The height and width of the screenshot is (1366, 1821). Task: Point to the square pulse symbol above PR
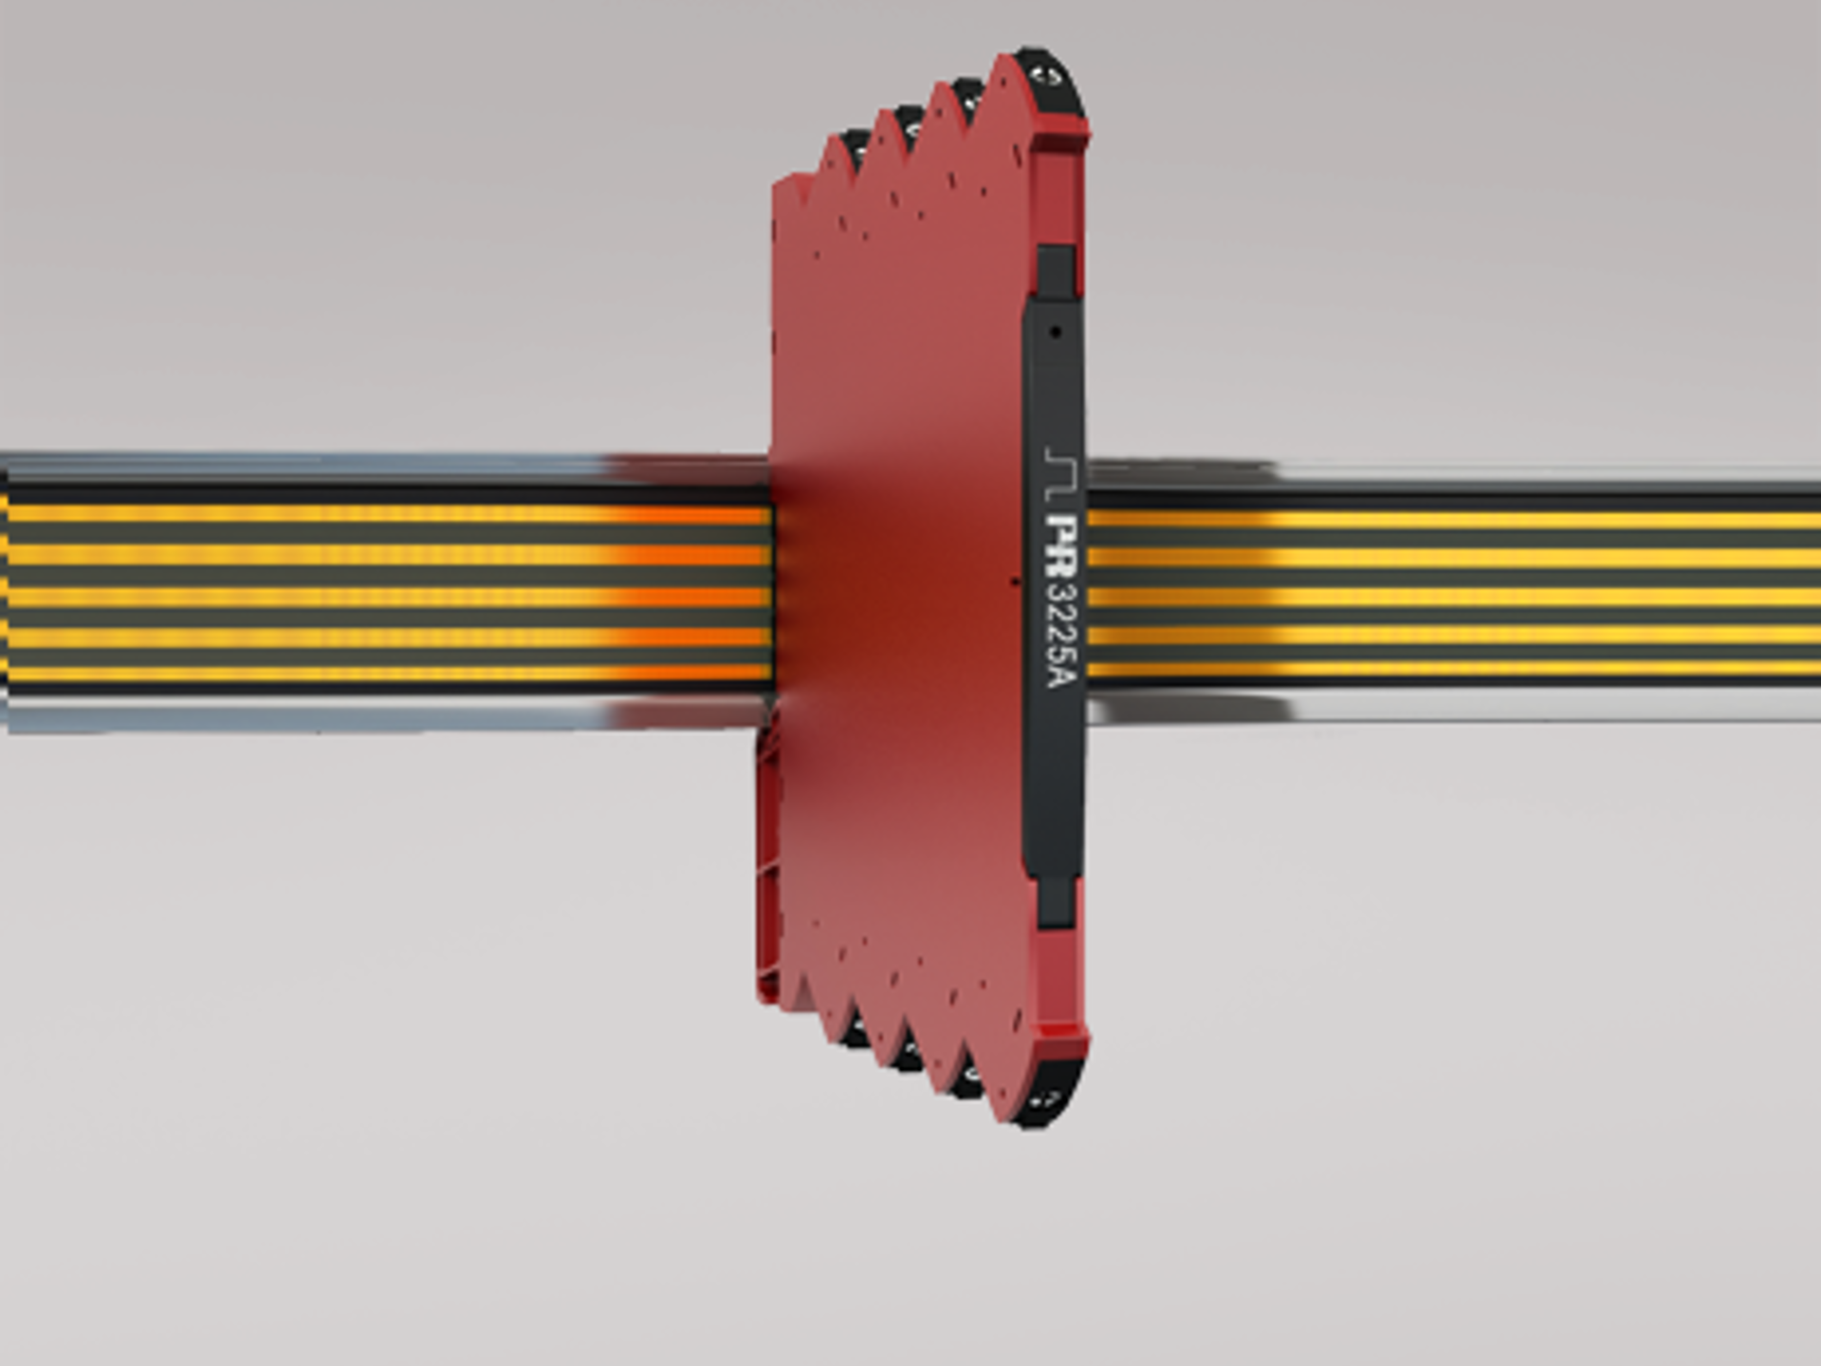pos(1055,473)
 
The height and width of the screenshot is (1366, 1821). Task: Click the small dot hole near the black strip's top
pos(1056,332)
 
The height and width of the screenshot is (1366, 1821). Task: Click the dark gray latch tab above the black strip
pos(1056,271)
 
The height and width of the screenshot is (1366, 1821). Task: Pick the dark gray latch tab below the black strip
pos(1056,901)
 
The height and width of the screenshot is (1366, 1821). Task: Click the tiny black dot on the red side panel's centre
pos(1014,581)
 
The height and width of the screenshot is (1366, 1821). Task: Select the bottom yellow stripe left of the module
pos(379,674)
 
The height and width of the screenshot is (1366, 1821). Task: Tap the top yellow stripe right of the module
pos(1451,519)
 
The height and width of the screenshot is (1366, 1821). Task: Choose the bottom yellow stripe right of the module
pos(1451,670)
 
